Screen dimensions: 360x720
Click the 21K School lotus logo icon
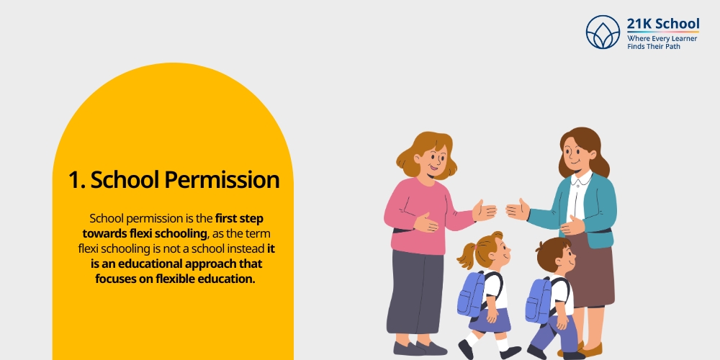pos(603,32)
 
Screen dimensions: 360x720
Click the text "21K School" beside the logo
pos(662,24)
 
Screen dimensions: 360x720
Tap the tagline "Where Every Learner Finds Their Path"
pos(662,42)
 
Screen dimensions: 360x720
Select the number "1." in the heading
pos(77,179)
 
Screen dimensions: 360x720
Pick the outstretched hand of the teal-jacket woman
pos(516,210)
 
